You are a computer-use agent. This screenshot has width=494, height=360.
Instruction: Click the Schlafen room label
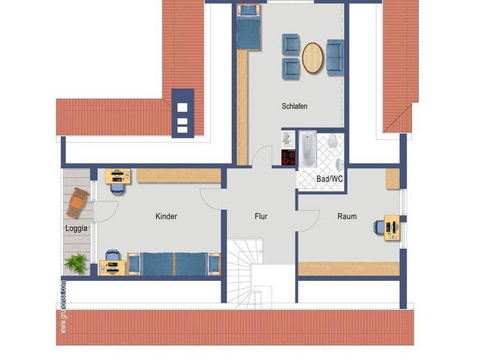tap(295, 107)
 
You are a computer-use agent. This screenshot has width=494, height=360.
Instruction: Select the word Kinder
tap(166, 217)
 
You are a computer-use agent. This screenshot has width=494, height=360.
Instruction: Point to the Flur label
tap(261, 217)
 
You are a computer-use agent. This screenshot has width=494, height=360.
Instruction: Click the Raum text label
tap(347, 217)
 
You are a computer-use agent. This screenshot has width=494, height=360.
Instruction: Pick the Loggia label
tap(76, 228)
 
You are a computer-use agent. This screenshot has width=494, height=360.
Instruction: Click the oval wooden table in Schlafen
tap(313, 57)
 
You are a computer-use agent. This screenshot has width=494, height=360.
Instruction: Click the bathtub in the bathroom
tap(307, 148)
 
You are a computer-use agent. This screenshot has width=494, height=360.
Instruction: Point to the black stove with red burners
tap(288, 157)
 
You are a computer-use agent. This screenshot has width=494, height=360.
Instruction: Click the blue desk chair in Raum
tap(379, 227)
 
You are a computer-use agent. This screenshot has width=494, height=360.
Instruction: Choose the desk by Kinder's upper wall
tap(118, 175)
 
